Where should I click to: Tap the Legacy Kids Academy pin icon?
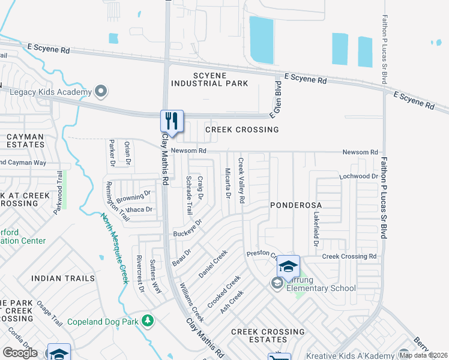(x=101, y=92)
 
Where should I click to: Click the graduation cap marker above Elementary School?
(x=288, y=266)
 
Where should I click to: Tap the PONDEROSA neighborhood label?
(x=295, y=205)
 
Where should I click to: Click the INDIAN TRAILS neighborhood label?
(x=62, y=278)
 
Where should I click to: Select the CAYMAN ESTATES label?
(x=25, y=140)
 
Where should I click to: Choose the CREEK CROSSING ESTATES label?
(x=268, y=336)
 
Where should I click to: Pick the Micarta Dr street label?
(x=228, y=183)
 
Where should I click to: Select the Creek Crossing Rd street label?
(x=349, y=256)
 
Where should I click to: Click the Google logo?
(x=20, y=353)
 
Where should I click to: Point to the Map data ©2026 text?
(x=423, y=355)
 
